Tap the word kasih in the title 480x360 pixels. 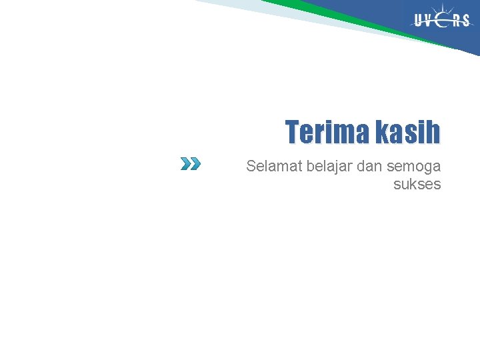[x=407, y=132]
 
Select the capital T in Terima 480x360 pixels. [x=293, y=132]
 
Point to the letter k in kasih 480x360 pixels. [x=381, y=132]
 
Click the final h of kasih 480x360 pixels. [x=433, y=132]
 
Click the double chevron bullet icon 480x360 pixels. [x=190, y=163]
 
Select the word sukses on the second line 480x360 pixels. [x=417, y=184]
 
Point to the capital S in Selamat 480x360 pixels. [x=251, y=166]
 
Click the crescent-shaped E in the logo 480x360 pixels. [x=442, y=21]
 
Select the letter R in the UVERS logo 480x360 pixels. [x=457, y=21]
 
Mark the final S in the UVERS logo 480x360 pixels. [x=466, y=21]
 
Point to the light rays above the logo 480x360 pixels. [x=442, y=8]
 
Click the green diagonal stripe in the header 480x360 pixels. [x=347, y=17]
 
